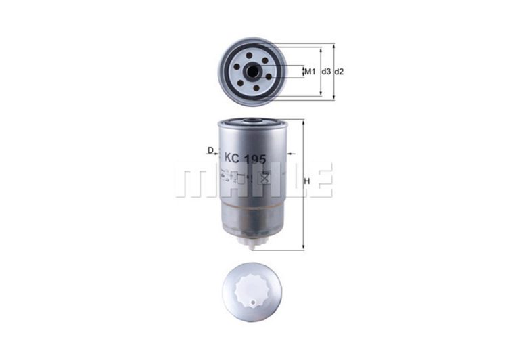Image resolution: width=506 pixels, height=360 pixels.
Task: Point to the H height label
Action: coord(308,181)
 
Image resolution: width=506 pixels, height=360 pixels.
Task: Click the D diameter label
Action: coord(210,150)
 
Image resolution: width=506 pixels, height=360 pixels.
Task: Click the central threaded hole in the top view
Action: coord(253,70)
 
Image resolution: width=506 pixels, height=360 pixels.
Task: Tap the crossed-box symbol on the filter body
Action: coord(264,179)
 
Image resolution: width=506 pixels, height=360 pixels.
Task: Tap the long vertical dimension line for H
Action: coord(302,183)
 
